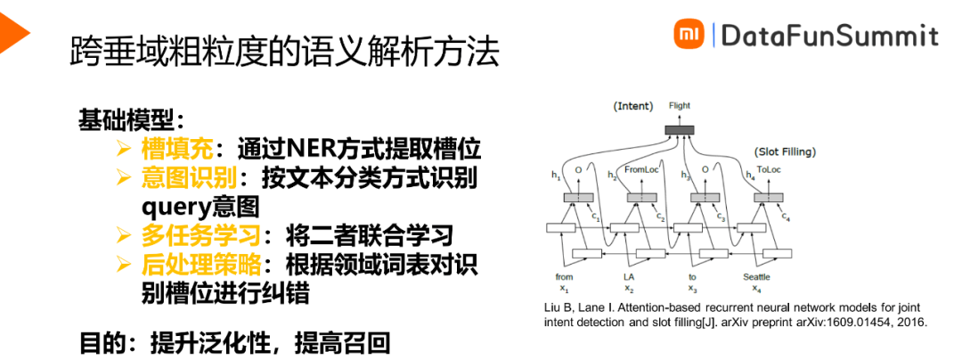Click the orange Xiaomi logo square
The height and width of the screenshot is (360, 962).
(x=686, y=35)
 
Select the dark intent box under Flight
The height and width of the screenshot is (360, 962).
(x=680, y=131)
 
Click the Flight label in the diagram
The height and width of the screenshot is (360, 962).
(x=680, y=106)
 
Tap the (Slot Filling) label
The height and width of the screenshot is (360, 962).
(x=784, y=151)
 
